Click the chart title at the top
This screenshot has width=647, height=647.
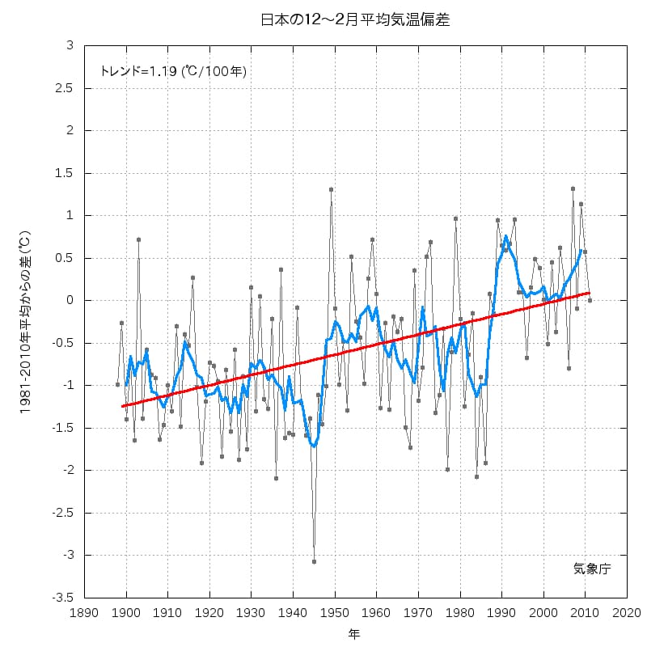click(x=355, y=19)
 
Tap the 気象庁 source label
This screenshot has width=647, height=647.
click(x=592, y=569)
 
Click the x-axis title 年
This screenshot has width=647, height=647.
click(x=355, y=632)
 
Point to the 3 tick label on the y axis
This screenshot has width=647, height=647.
click(x=70, y=45)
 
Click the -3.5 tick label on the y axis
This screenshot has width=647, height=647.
click(x=64, y=598)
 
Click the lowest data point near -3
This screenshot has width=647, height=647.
click(x=314, y=561)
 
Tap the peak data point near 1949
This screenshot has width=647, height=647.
click(x=331, y=189)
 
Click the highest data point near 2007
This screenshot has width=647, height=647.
click(x=573, y=188)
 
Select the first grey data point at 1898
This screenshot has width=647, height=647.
click(x=117, y=384)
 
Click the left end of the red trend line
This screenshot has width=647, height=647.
click(x=122, y=406)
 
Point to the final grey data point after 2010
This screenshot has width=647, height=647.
click(x=590, y=300)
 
